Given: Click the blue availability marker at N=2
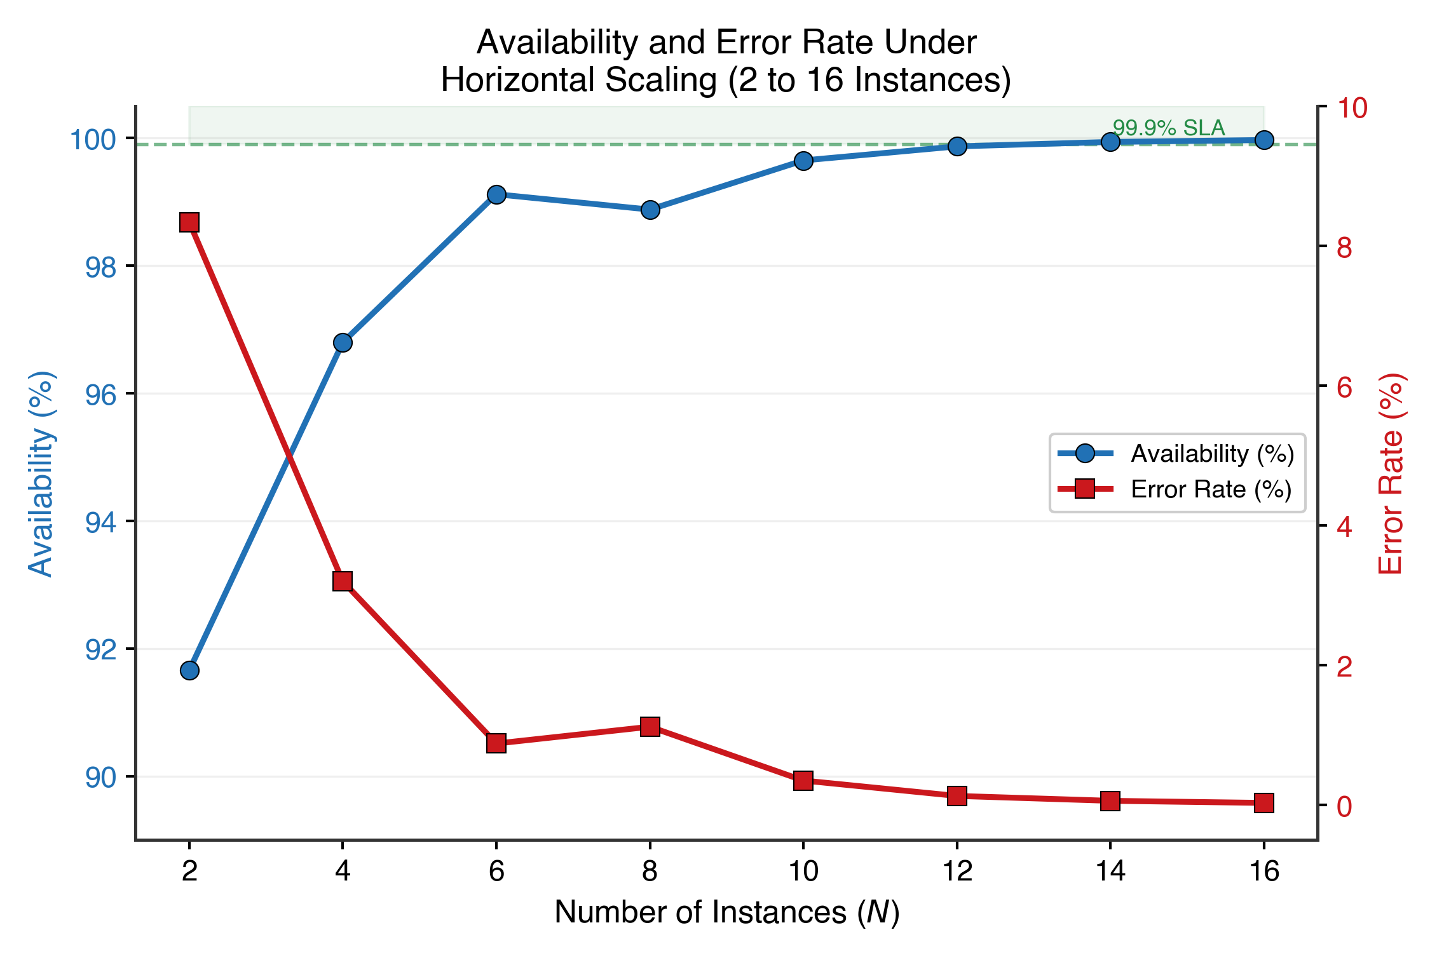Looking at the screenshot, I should pyautogui.click(x=189, y=670).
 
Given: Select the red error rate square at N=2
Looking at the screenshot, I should pyautogui.click(x=189, y=223).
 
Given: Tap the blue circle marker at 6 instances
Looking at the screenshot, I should pyautogui.click(x=496, y=194).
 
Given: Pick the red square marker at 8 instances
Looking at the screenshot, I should pyautogui.click(x=650, y=727).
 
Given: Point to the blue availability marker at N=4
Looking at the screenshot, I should pyautogui.click(x=343, y=343).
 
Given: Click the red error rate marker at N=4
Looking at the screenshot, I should pyautogui.click(x=343, y=581).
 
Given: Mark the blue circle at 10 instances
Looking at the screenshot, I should pyautogui.click(x=803, y=161).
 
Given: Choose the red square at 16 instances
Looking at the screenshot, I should pyautogui.click(x=1264, y=803).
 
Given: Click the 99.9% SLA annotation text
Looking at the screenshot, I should pyautogui.click(x=1168, y=128).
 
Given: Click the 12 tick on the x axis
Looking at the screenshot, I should pyautogui.click(x=957, y=871).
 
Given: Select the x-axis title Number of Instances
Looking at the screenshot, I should pyautogui.click(x=726, y=912).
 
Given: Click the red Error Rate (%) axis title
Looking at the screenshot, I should pyautogui.click(x=1391, y=474).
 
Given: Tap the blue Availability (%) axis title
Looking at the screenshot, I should pyautogui.click(x=41, y=474).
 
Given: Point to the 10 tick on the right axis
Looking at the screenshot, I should pyautogui.click(x=1352, y=108).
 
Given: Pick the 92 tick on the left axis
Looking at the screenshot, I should pyautogui.click(x=101, y=650).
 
